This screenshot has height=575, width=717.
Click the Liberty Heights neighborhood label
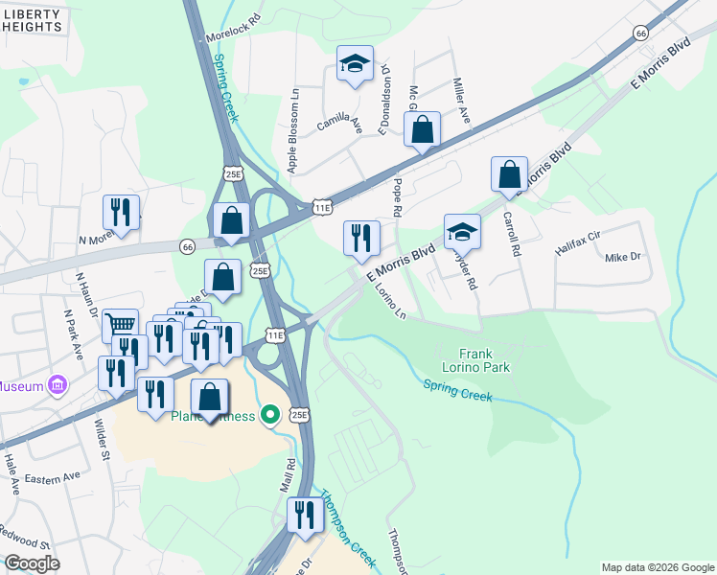click(33, 20)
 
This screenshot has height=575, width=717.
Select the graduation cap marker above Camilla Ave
click(355, 65)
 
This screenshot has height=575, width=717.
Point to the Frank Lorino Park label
click(484, 360)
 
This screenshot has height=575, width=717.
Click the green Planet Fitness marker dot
click(271, 414)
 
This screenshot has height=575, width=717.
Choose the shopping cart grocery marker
click(120, 326)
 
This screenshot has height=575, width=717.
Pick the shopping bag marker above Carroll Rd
click(510, 174)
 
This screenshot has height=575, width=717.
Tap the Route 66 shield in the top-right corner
click(640, 33)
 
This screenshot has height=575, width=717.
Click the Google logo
click(32, 563)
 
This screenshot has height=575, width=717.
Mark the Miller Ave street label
click(461, 102)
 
